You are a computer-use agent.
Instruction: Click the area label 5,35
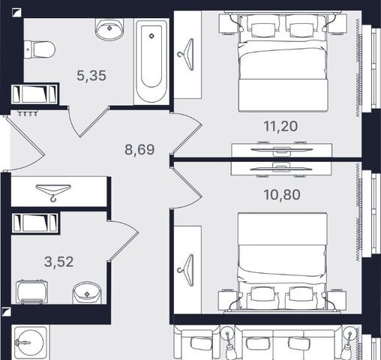click(x=91, y=76)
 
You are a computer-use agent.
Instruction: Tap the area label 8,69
click(x=139, y=150)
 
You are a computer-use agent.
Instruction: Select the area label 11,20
click(x=280, y=126)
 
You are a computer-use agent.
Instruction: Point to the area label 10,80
click(x=282, y=195)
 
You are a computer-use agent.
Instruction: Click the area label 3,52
click(x=58, y=262)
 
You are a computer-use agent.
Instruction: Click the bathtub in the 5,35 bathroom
click(x=151, y=61)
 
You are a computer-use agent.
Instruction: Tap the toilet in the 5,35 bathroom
click(x=40, y=49)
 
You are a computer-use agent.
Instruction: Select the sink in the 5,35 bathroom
click(x=109, y=28)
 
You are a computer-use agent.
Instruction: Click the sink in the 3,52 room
click(x=86, y=292)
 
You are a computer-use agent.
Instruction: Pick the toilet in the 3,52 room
click(x=32, y=292)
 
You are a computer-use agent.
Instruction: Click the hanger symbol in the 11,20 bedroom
click(x=186, y=55)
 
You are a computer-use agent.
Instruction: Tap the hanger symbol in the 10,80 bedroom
click(x=186, y=270)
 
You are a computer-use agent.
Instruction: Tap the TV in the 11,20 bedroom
click(x=282, y=149)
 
